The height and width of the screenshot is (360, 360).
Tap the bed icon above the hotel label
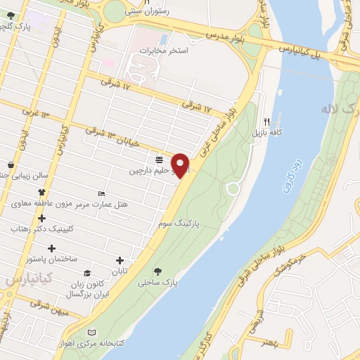pyautogui.click(x=103, y=193)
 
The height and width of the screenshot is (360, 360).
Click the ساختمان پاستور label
pyautogui.click(x=51, y=259)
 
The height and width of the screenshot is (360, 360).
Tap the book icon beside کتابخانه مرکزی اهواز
pyautogui.click(x=89, y=332)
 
